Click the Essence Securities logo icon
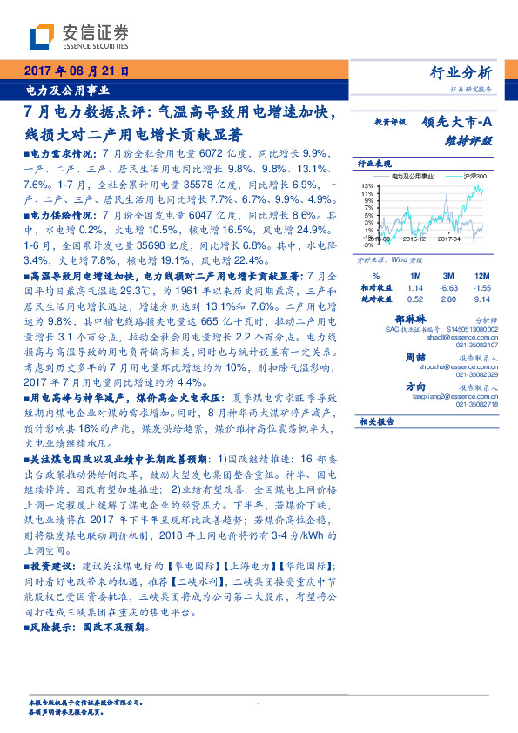pos(41,36)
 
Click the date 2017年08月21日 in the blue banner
pos(75,71)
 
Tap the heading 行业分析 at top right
pos(461,72)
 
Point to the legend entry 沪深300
pos(475,176)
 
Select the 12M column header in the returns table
pos(480,275)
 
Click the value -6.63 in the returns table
pos(449,287)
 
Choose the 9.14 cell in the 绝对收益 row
pos(481,299)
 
